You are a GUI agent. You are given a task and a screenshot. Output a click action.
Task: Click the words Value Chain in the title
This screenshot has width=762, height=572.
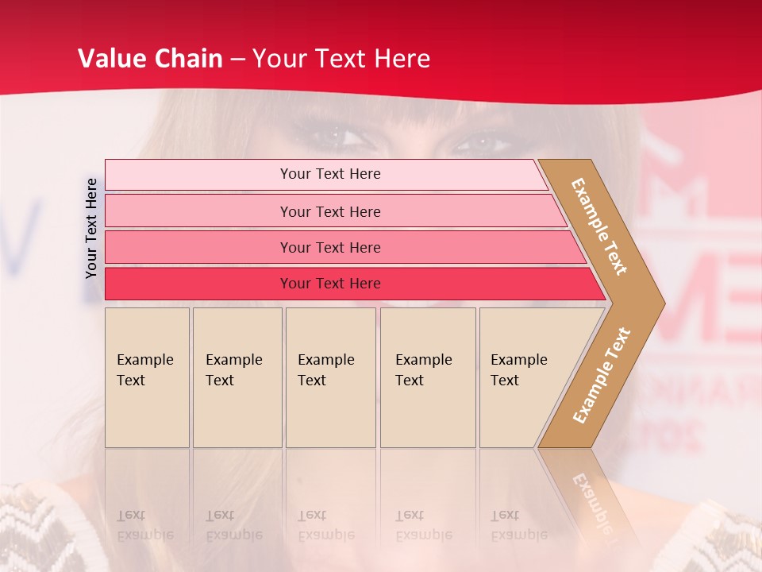click(150, 59)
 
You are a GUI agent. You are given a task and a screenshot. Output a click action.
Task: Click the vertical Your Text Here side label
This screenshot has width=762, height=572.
click(91, 228)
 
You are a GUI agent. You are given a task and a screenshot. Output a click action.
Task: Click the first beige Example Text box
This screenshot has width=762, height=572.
click(147, 377)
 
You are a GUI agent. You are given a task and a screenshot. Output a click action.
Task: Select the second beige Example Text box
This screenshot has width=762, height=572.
click(237, 377)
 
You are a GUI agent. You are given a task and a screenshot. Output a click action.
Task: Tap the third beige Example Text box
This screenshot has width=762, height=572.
click(329, 377)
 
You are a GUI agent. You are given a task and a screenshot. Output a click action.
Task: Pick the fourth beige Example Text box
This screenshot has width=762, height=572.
click(427, 377)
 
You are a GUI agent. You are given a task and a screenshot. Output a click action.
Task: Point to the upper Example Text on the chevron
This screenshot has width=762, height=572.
click(599, 226)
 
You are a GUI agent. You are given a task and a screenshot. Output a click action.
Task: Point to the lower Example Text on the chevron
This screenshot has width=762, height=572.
click(602, 375)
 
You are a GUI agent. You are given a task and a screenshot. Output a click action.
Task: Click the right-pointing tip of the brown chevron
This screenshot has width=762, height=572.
click(660, 303)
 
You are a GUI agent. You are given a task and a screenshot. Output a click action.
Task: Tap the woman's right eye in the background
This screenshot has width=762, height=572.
click(481, 143)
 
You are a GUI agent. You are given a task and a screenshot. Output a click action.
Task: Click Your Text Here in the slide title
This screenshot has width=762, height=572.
click(341, 59)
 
